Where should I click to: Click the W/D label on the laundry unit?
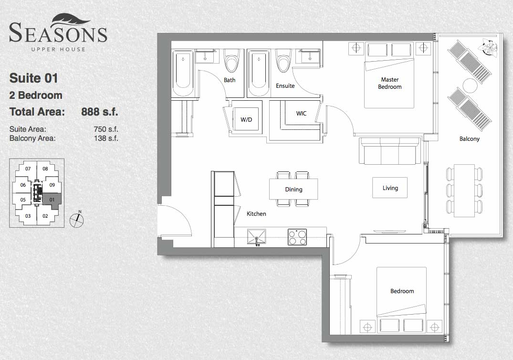(x=246, y=119)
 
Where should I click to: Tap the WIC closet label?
(x=301, y=114)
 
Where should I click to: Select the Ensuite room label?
(x=285, y=86)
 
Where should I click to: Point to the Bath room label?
(x=230, y=80)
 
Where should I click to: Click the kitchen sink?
(x=257, y=237)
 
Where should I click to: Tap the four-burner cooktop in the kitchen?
(x=297, y=237)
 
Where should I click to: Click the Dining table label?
(x=293, y=190)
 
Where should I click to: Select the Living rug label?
(x=390, y=188)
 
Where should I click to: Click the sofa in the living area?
(x=390, y=150)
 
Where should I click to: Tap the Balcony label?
(x=470, y=139)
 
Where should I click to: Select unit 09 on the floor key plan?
(x=52, y=185)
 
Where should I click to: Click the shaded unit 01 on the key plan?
(x=52, y=200)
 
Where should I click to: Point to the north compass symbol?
(x=77, y=219)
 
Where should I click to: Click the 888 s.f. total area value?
(x=99, y=112)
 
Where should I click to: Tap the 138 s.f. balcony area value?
(x=106, y=138)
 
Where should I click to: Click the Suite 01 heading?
(x=34, y=78)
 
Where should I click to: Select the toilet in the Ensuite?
(x=283, y=61)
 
